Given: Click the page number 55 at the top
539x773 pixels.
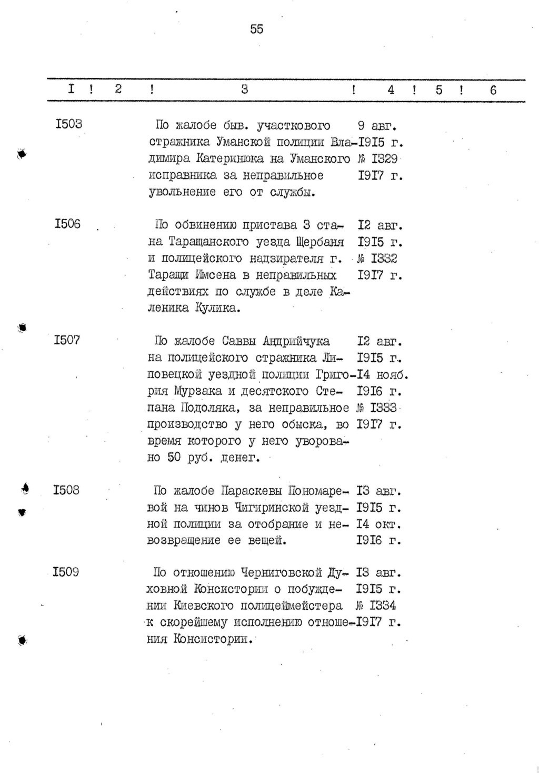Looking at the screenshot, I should pos(256,29).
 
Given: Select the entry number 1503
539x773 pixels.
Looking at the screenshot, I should pos(68,124).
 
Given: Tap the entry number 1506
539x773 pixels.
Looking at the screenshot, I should pos(67,224).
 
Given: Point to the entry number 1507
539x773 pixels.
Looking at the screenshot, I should pos(67,340).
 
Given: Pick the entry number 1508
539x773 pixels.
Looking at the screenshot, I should pos(66,490).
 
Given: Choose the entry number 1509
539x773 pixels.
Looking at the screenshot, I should pos(66,572).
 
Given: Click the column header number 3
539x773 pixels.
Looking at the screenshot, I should pos(245,90).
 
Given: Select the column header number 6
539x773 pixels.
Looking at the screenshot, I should pos(493,90).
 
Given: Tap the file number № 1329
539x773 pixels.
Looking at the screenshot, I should pos(377,159).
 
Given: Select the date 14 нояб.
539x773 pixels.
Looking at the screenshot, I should pos(383,375).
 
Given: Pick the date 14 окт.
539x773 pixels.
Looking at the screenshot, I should pos(379,524).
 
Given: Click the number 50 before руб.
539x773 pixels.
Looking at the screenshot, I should pos(174,458).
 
